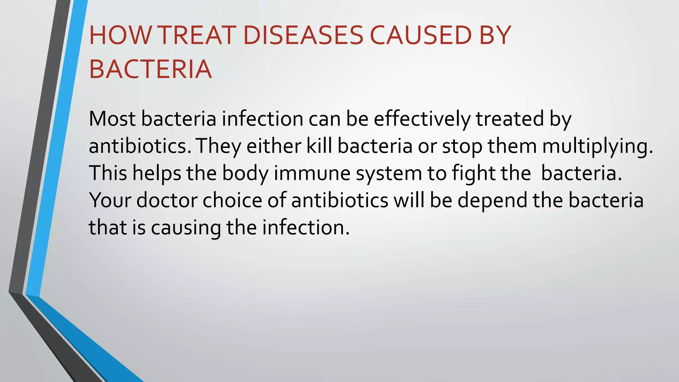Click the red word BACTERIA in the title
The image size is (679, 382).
pyautogui.click(x=150, y=69)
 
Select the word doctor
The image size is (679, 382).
pyautogui.click(x=167, y=200)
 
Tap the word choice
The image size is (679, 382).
pyautogui.click(x=232, y=200)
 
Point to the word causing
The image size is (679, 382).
pyautogui.click(x=186, y=228)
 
